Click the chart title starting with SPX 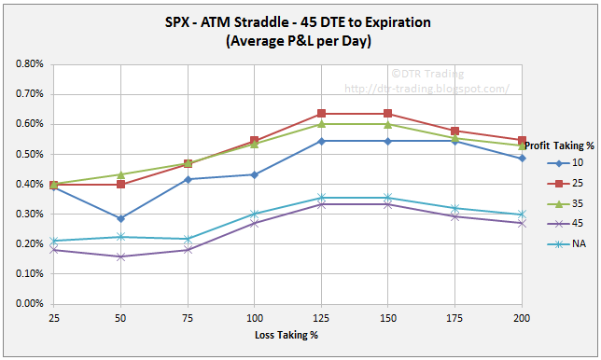[300, 21]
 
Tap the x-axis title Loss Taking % [287, 333]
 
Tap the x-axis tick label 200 [521, 318]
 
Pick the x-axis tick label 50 [120, 318]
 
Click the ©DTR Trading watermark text [439, 72]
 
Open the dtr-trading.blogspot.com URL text [426, 89]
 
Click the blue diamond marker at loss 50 [120, 218]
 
